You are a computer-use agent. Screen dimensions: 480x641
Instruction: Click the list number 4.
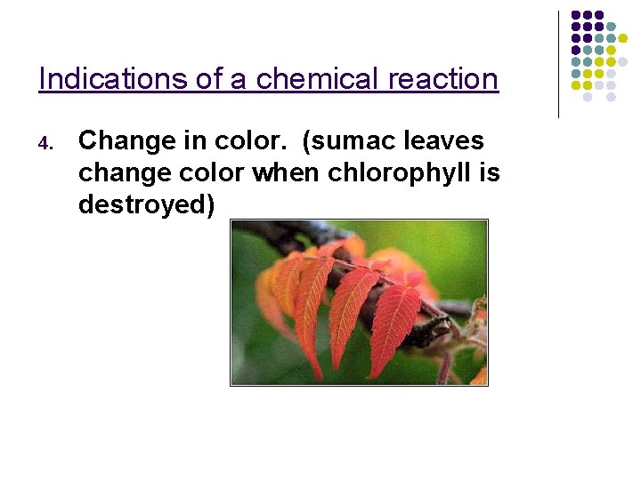(50, 143)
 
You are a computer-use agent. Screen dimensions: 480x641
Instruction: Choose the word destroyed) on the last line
(146, 204)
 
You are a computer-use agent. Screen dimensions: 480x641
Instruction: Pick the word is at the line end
(489, 172)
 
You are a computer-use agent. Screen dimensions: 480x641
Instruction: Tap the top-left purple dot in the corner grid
(576, 16)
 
